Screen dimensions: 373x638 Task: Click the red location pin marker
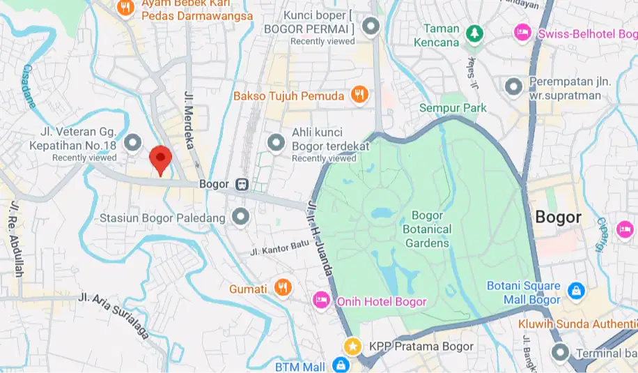click(x=161, y=160)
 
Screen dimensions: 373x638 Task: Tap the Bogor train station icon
click(x=242, y=185)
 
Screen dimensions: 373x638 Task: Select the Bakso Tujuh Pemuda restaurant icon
click(x=359, y=96)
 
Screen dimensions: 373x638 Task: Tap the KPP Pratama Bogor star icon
click(x=353, y=347)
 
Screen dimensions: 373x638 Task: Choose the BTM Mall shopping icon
click(x=340, y=365)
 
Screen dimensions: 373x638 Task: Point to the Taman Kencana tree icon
click(x=474, y=33)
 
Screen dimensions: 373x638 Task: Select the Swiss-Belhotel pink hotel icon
click(x=522, y=32)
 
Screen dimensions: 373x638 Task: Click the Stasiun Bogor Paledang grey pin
click(x=241, y=218)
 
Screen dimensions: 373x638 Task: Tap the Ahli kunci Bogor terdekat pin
click(x=277, y=142)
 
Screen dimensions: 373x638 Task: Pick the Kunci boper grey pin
click(x=371, y=26)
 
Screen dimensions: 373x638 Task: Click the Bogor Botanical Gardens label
click(x=428, y=229)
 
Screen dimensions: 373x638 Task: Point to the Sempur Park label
click(x=453, y=108)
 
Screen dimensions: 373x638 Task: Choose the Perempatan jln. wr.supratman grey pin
click(x=514, y=86)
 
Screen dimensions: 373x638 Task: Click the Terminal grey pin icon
click(x=559, y=353)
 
